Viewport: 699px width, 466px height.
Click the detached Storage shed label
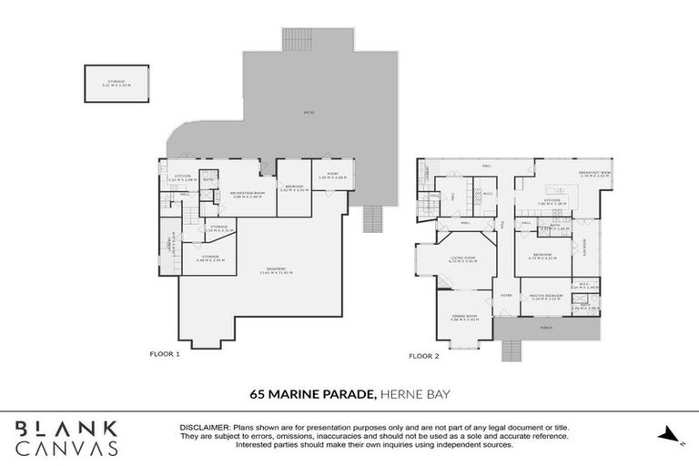click(x=116, y=83)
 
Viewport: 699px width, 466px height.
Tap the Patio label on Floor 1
click(x=309, y=113)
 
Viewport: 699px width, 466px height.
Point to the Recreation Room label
click(x=247, y=192)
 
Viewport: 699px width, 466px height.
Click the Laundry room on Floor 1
click(x=169, y=244)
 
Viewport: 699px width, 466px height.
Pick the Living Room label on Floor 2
click(x=465, y=259)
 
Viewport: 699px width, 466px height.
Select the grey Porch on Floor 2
click(x=546, y=327)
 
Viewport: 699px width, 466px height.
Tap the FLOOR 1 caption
click(x=166, y=353)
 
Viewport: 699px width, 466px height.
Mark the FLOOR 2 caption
click(x=424, y=355)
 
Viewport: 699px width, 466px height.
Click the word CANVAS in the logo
click(x=68, y=448)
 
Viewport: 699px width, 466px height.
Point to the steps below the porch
click(x=510, y=349)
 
